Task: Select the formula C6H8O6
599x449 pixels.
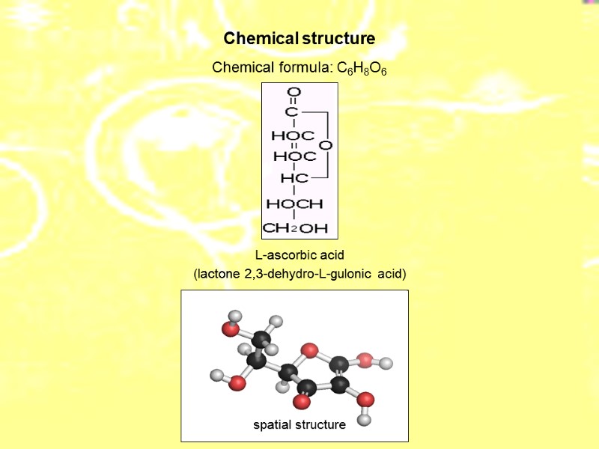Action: pos(362,68)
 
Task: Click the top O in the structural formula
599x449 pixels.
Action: pos(294,92)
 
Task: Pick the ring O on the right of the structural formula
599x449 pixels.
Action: pos(326,144)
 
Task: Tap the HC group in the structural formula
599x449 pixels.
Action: pos(294,179)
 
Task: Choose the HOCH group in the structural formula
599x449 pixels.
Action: pos(294,204)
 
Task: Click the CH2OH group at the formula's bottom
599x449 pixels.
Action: pos(295,227)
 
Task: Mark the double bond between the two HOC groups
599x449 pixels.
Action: pos(294,146)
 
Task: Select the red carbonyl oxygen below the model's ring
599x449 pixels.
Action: pos(302,402)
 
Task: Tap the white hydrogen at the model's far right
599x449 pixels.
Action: pos(386,364)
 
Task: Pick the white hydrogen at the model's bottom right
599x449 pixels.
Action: pos(364,419)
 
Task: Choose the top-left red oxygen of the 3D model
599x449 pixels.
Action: pos(230,329)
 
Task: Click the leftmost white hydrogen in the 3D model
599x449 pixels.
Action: pos(217,375)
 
